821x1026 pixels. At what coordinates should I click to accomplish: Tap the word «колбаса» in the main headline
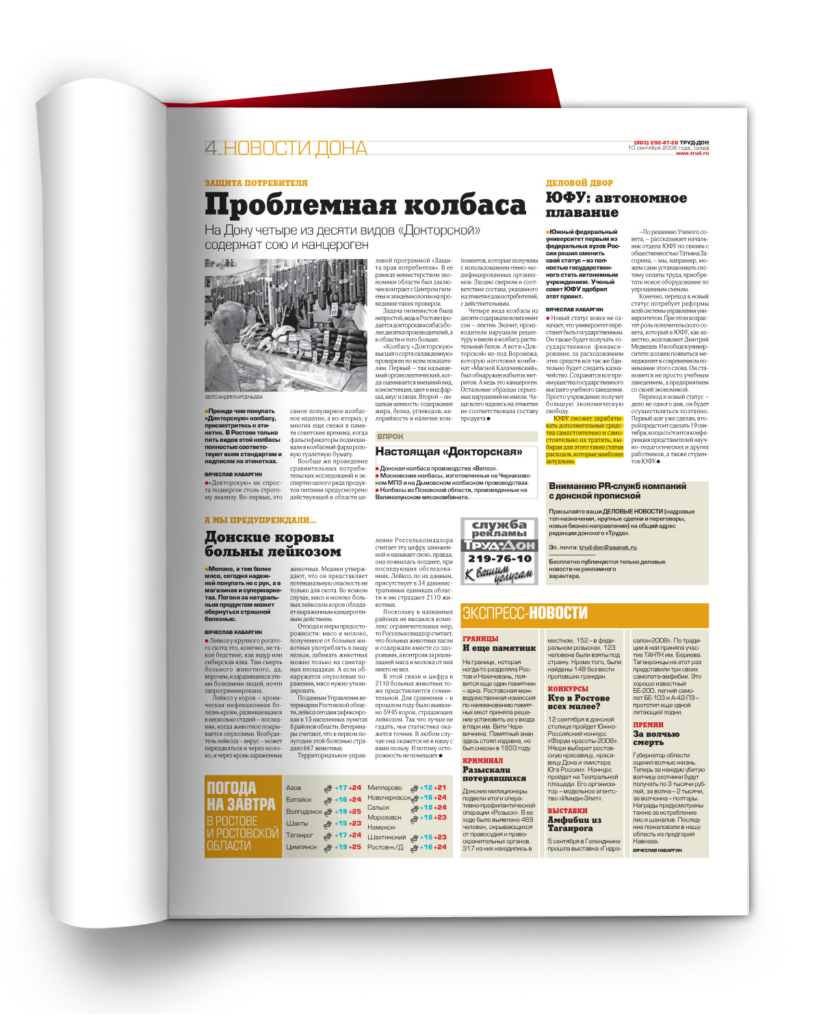coord(465,205)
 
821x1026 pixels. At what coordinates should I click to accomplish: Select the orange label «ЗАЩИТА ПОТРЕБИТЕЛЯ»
coord(256,183)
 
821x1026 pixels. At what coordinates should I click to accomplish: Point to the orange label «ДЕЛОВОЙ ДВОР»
coord(579,183)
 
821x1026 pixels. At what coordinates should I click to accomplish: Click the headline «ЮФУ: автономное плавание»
coord(615,205)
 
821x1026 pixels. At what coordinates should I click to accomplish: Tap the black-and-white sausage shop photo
coord(285,325)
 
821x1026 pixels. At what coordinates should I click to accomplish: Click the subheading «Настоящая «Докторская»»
coord(448,451)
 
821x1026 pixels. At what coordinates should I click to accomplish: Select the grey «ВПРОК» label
coord(391,436)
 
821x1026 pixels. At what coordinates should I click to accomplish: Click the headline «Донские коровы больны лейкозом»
coord(272,544)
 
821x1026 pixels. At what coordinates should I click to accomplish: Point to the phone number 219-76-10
coord(499,558)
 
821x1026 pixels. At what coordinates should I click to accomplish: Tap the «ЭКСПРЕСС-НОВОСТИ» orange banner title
coord(525,613)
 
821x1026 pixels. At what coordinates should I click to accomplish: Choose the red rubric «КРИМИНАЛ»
coord(482,760)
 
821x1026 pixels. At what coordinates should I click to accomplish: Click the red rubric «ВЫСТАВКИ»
coord(567,811)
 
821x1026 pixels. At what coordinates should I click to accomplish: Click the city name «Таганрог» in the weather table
coord(300,835)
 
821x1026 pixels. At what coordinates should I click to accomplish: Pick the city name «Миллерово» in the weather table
coord(385,788)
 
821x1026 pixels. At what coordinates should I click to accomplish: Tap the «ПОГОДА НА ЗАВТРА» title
coord(241,796)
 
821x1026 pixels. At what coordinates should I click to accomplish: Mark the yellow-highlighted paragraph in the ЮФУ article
coord(584,440)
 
